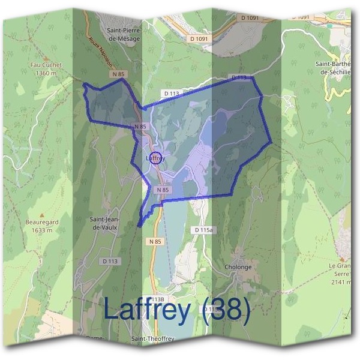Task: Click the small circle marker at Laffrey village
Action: click(155, 158)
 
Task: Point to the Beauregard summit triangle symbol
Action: click(42, 214)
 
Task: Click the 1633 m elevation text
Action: click(42, 230)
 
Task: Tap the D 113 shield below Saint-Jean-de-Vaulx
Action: click(110, 261)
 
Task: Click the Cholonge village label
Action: click(239, 267)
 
